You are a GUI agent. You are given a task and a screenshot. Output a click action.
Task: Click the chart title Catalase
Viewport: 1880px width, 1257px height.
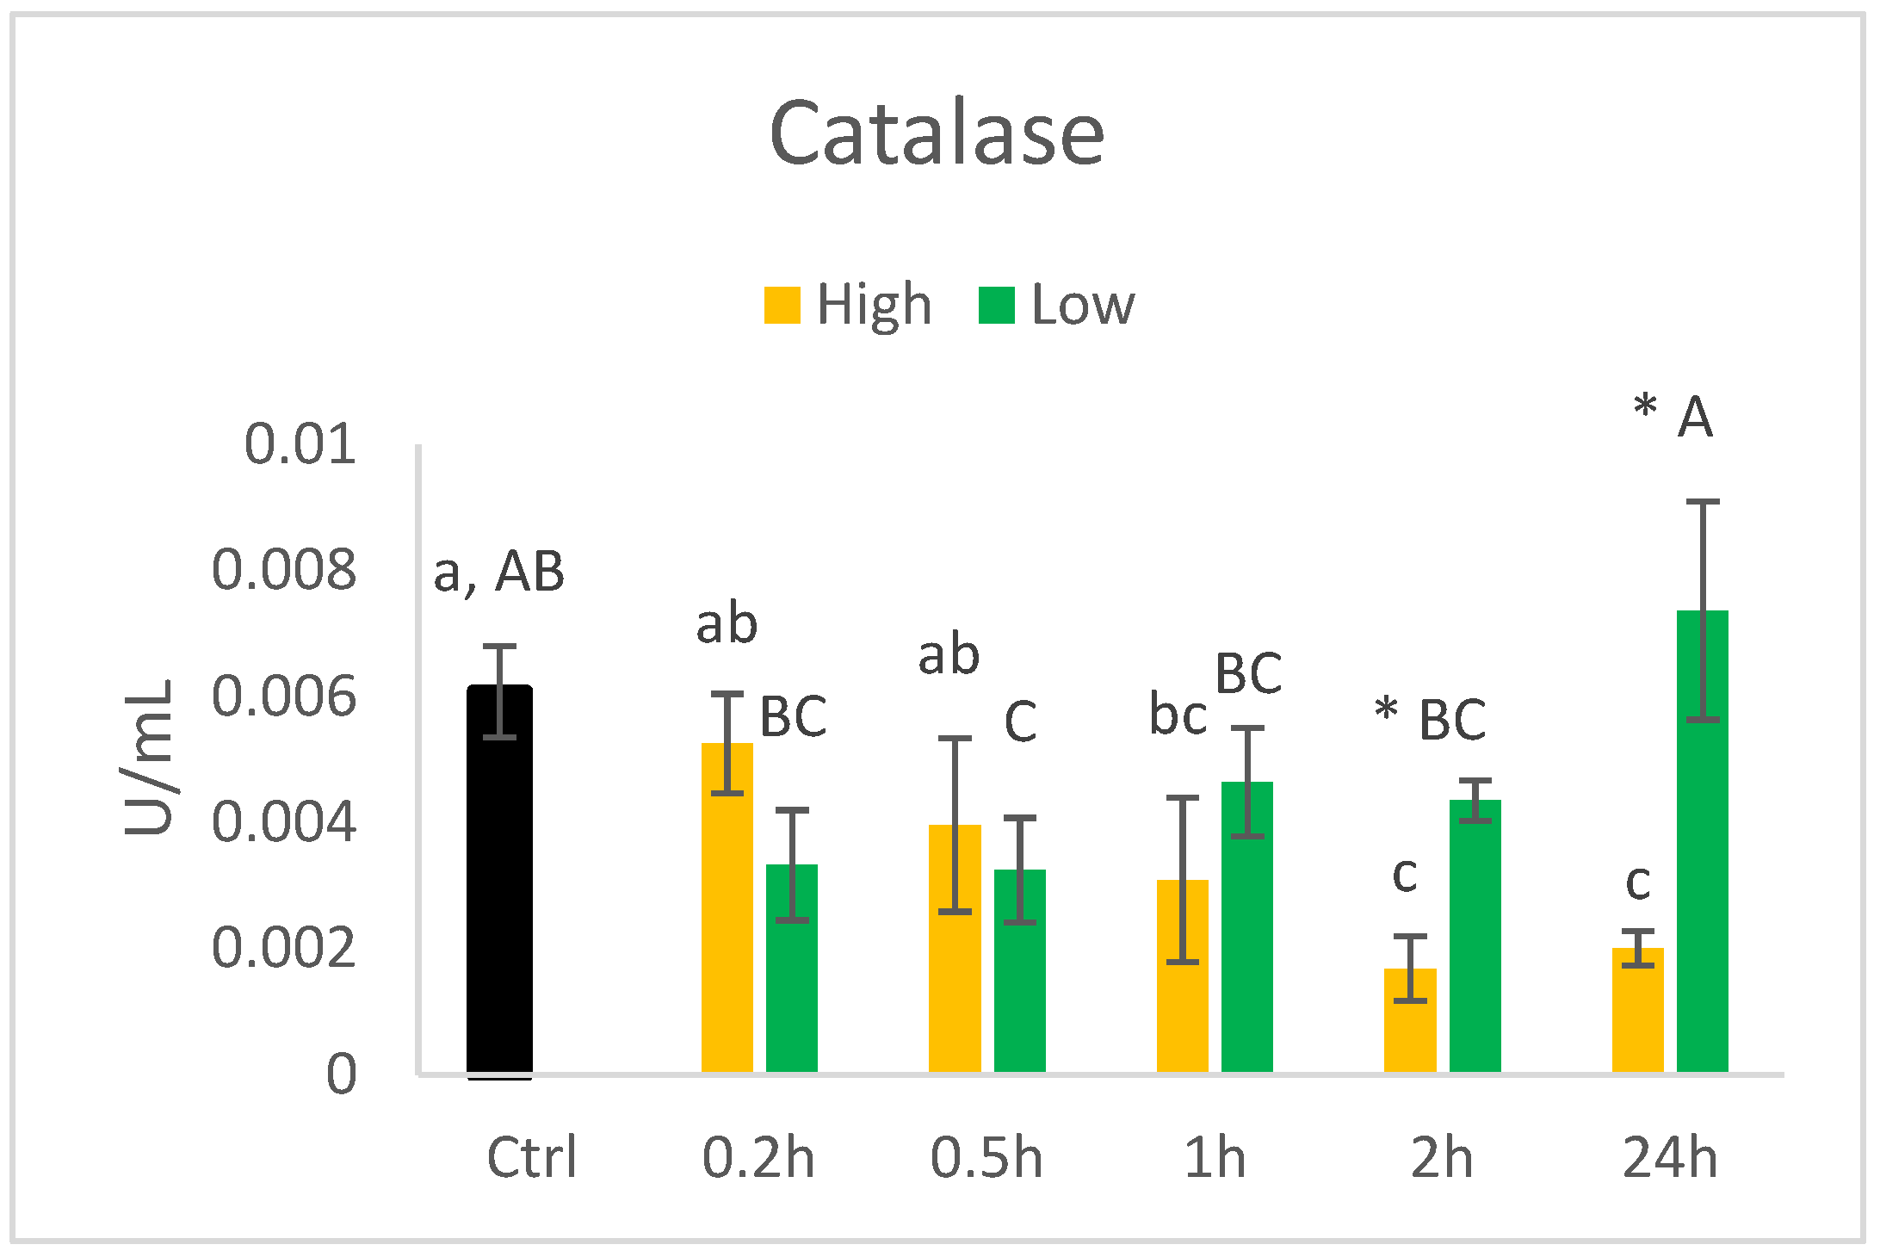tap(937, 133)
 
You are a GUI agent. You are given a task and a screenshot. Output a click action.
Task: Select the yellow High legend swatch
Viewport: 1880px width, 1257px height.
tap(782, 305)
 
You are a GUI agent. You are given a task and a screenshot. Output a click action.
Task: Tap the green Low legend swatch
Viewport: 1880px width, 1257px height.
tap(997, 305)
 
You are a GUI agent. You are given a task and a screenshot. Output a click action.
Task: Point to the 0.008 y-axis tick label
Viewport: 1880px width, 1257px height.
tap(284, 570)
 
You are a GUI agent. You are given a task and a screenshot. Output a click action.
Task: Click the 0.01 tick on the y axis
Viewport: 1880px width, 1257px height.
tap(300, 444)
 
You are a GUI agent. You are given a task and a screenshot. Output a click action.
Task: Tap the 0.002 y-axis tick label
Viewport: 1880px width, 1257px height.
tap(284, 948)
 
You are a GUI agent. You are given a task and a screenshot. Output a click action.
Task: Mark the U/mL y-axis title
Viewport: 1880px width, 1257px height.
tap(148, 758)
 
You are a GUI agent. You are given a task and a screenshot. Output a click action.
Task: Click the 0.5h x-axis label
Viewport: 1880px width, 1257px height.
tap(986, 1157)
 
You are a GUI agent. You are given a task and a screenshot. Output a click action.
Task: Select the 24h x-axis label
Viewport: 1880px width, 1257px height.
tap(1670, 1157)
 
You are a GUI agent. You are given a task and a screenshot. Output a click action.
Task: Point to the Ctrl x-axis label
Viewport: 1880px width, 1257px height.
tap(531, 1157)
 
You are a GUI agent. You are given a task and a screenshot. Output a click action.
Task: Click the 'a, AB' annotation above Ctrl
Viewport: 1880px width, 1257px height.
tap(499, 572)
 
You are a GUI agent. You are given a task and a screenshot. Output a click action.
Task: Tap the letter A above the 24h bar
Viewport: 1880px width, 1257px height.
tap(1695, 418)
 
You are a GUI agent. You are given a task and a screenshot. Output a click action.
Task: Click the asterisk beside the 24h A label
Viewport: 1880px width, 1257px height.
tap(1645, 405)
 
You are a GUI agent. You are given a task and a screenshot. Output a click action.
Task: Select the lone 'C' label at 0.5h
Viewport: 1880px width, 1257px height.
tap(1020, 721)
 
